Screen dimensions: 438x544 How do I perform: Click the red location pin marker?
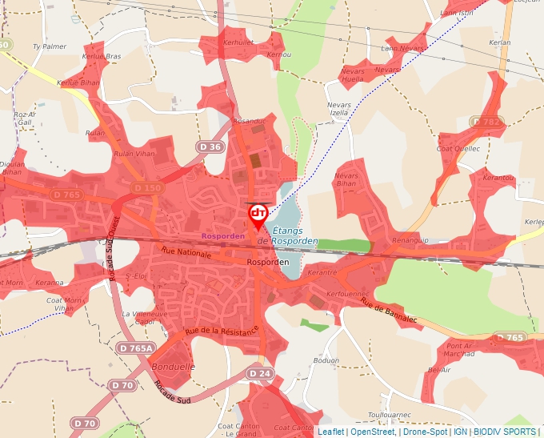coord(258,215)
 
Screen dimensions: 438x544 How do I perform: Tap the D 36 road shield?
coord(210,147)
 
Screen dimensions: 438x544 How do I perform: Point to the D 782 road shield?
coord(486,122)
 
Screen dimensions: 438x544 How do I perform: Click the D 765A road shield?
coord(135,348)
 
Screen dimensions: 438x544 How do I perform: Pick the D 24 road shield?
coord(259,374)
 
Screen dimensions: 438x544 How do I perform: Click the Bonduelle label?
coord(172,366)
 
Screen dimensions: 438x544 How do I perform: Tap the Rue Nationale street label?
coord(186,253)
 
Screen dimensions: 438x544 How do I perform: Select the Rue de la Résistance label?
coord(222,330)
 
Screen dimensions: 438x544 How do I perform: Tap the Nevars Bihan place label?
coord(346,179)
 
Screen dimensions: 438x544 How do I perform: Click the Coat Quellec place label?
coord(458,148)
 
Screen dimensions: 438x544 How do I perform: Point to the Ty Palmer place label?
coord(50,46)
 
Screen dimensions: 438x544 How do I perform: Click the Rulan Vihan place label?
coord(134,155)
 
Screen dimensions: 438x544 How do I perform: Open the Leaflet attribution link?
coord(331,432)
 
